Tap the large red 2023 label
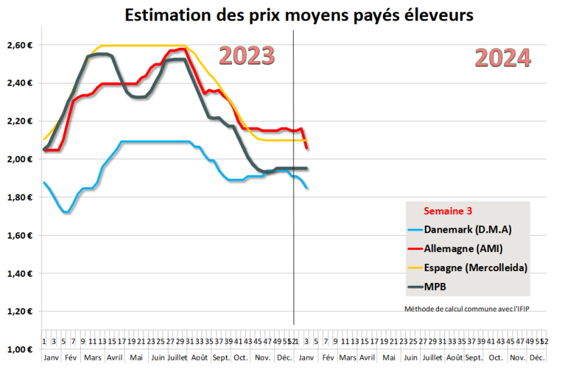tap(247, 55)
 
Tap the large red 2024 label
tap(502, 57)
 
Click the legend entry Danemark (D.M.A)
tap(466, 230)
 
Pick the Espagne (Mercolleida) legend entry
tap(476, 267)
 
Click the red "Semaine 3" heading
tap(447, 211)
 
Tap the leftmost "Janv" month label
tap(51, 357)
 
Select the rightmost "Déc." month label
tap(537, 357)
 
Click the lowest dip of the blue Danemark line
tap(65, 212)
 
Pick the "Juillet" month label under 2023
tap(178, 357)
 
